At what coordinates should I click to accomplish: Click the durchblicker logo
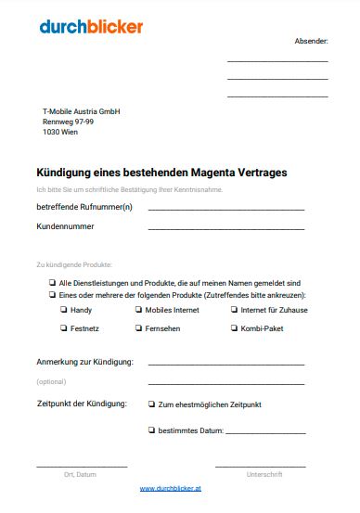point(91,27)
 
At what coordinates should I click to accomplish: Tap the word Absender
point(311,42)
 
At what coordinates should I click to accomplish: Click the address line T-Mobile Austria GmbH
point(82,111)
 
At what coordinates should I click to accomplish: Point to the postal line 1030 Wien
point(60,132)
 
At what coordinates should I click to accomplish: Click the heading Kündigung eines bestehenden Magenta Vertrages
point(161,173)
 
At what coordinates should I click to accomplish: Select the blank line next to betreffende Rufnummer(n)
point(225,209)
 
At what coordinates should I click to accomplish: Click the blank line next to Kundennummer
point(225,227)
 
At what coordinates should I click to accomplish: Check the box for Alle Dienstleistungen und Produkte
point(51,282)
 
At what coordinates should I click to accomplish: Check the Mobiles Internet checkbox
point(137,310)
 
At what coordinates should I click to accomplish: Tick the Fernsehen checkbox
point(137,328)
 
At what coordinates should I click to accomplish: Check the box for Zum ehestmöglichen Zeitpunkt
point(151,404)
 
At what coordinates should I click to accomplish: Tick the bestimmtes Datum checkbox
point(151,430)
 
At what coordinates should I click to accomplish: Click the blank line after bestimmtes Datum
point(265,432)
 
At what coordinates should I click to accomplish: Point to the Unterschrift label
point(264,474)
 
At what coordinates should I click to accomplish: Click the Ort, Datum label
point(80,474)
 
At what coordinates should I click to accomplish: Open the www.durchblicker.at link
point(171,488)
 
